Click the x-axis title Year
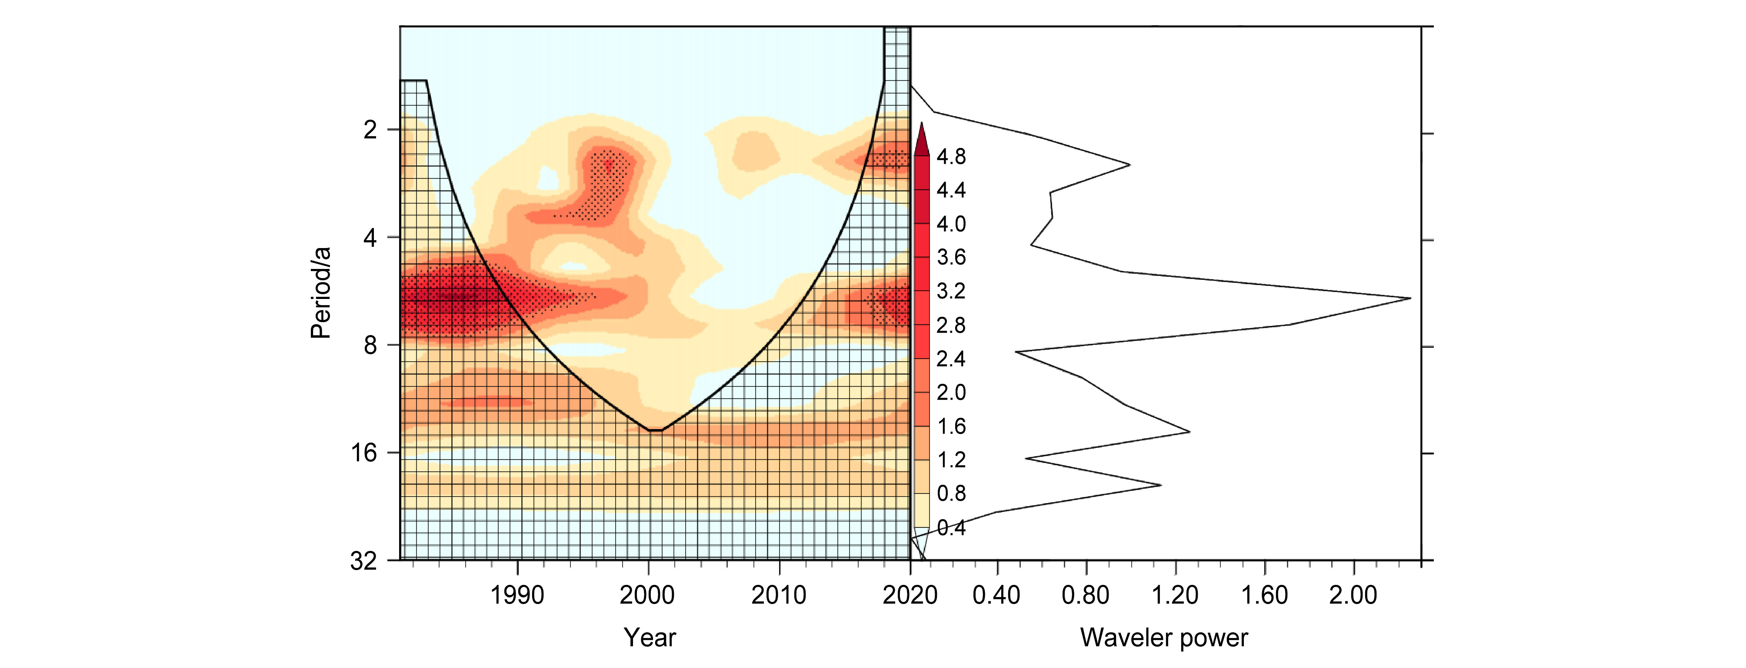[650, 638]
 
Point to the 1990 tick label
[517, 595]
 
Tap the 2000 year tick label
[647, 595]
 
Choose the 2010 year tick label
[779, 595]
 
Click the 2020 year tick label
[910, 595]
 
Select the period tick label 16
[364, 452]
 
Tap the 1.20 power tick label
[1175, 595]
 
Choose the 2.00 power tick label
[1353, 595]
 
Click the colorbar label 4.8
[951, 157]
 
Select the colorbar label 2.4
[951, 359]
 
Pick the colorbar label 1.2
[951, 460]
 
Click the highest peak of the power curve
[1410, 299]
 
